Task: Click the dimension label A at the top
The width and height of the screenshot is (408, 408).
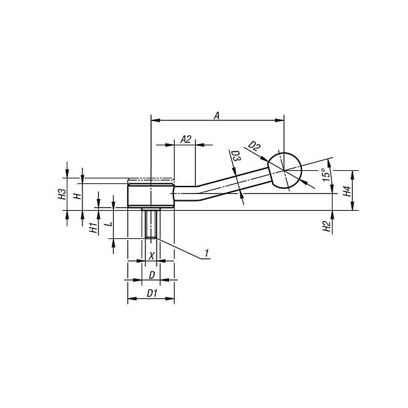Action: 216,115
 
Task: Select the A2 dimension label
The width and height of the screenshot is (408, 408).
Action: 186,140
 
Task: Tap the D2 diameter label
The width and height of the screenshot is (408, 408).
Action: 254,146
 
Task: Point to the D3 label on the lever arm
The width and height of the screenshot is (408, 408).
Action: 236,156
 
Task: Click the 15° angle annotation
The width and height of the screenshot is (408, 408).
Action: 326,174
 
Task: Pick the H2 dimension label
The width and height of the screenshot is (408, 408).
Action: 326,226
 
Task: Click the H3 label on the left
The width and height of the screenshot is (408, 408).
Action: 62,194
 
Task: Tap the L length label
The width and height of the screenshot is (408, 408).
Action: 109,224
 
